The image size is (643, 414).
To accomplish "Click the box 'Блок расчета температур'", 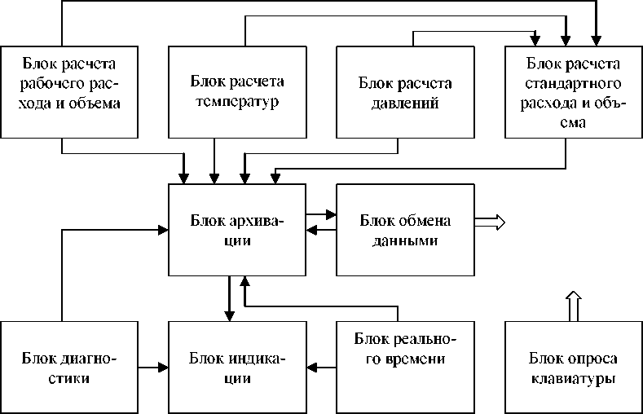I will pos(236,90).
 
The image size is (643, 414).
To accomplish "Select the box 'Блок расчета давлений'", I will pos(404,90).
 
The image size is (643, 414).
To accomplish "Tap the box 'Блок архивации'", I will pos(236,229).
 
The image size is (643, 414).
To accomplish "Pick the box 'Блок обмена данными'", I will pos(405,229).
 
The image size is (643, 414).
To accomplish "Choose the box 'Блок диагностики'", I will pos(68,367).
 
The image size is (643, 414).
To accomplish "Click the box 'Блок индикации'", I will pos(236,367).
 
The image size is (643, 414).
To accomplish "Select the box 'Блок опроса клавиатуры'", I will pos(573,367).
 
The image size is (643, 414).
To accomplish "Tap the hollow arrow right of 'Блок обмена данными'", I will pos(491,221).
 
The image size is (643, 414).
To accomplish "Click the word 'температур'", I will pos(236,103).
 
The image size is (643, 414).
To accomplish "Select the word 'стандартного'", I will pos(573,84).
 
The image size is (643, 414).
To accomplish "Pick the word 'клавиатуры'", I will pos(573,379).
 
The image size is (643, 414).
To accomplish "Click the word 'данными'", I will pos(405,242).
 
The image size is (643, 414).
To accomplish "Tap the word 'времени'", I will pos(405,360).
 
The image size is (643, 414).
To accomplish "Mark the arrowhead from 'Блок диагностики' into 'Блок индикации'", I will pos(162,368).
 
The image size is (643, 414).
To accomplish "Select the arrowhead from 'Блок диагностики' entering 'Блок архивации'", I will pos(162,230).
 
